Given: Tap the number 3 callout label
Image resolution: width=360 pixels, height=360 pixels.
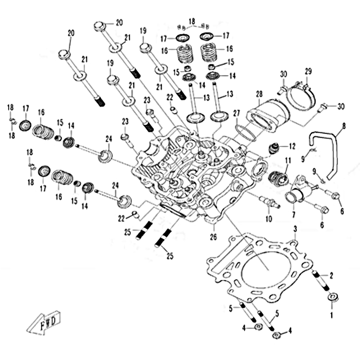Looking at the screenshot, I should tap(295, 229).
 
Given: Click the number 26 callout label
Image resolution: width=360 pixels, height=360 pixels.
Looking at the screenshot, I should tap(213, 237).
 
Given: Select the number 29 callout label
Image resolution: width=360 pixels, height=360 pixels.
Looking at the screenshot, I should tap(308, 72).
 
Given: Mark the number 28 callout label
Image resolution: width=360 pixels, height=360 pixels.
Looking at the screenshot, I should tap(259, 94).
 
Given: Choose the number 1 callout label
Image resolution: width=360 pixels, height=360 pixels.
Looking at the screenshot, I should tap(332, 315).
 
